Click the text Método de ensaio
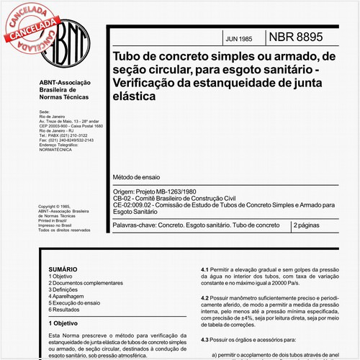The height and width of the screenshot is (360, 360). pyautogui.click(x=136, y=177)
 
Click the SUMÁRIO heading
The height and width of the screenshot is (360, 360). pyautogui.click(x=61, y=268)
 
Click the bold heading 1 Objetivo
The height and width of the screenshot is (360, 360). pyautogui.click(x=64, y=324)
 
